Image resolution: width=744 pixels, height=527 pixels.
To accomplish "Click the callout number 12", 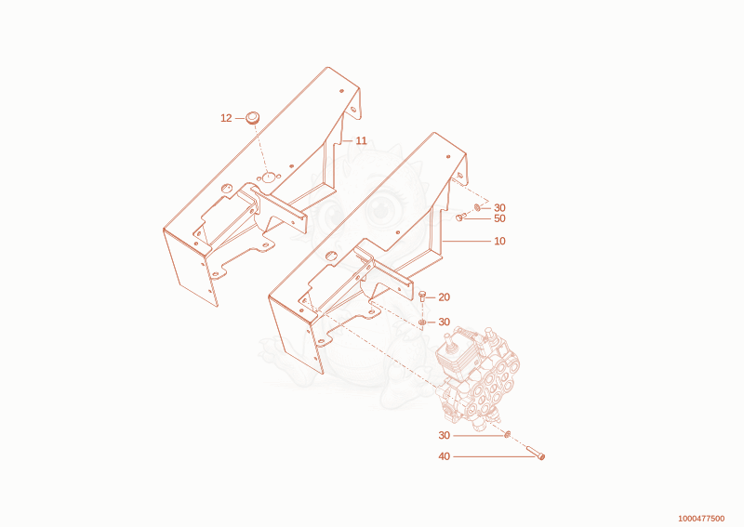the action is pos(226,118).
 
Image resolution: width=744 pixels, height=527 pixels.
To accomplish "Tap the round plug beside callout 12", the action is pos(252,118).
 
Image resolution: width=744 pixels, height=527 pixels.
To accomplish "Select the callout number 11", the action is pos(361,141).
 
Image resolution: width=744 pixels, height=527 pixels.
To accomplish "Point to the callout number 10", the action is pos(499,241).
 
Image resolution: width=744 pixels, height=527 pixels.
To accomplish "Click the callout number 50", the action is pos(499,218).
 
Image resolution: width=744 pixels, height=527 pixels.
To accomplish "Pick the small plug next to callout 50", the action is pos(459,217).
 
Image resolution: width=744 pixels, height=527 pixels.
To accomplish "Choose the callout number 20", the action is pos(444,297).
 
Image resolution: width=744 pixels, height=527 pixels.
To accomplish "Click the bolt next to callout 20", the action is pos(422,296).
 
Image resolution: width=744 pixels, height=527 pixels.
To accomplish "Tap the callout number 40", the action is pos(444,456).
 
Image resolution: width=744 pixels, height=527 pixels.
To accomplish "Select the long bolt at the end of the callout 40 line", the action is pos(536,453).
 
